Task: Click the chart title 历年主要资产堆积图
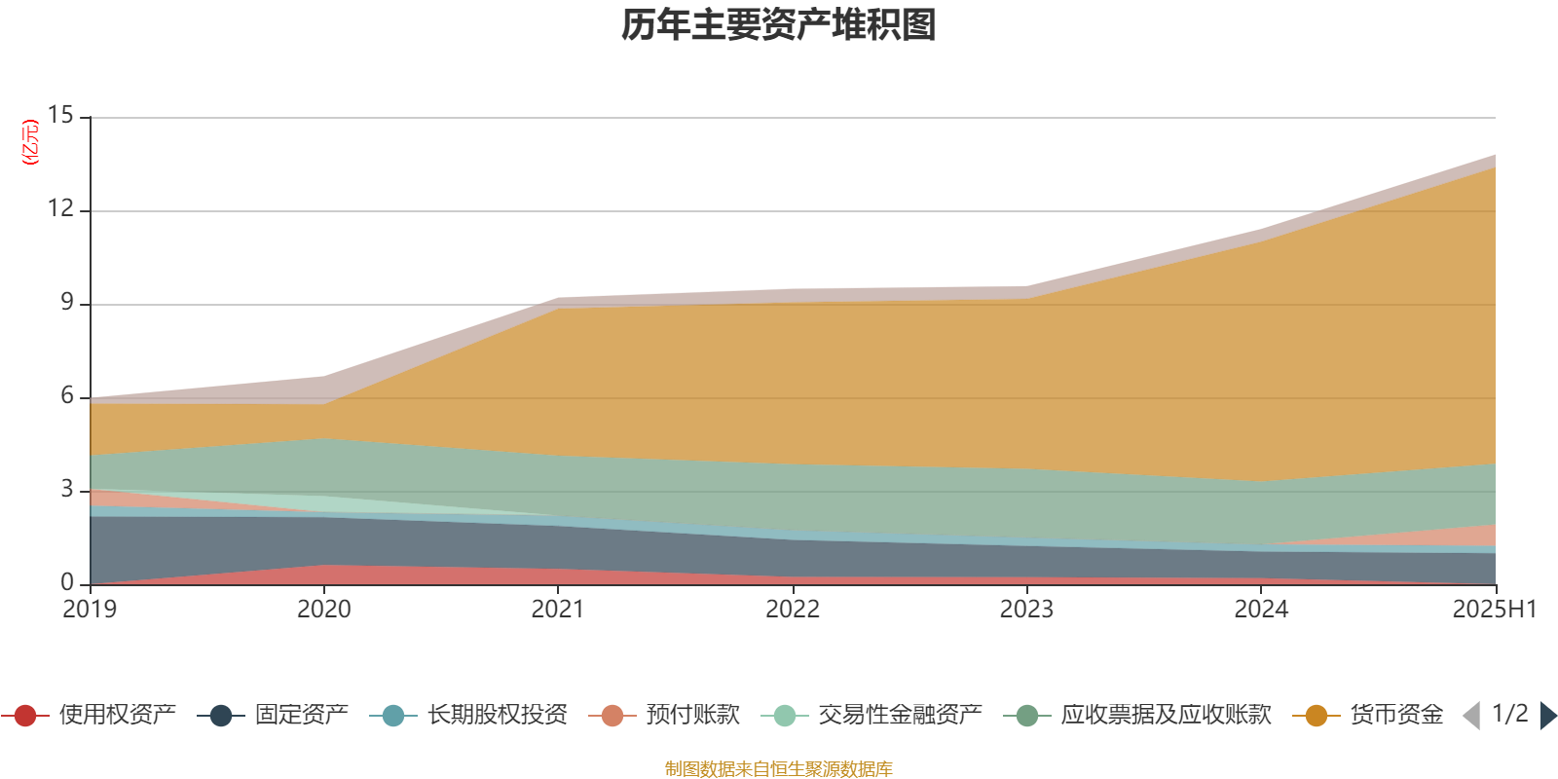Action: [x=779, y=25]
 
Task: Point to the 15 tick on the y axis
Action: [x=60, y=115]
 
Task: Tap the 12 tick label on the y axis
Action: [x=60, y=208]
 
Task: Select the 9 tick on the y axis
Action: [x=66, y=302]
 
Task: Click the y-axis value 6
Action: [x=66, y=395]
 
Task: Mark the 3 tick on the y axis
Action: [x=66, y=489]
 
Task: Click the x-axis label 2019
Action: [x=90, y=610]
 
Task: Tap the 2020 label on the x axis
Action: [x=323, y=610]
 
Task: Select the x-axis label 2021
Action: [x=558, y=610]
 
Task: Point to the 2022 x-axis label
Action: [x=793, y=610]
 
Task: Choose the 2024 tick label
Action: [x=1261, y=610]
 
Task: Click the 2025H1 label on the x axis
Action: [x=1494, y=610]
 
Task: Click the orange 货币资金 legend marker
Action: [x=1317, y=716]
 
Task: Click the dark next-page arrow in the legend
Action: [x=1547, y=716]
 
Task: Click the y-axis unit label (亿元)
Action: [x=30, y=142]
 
